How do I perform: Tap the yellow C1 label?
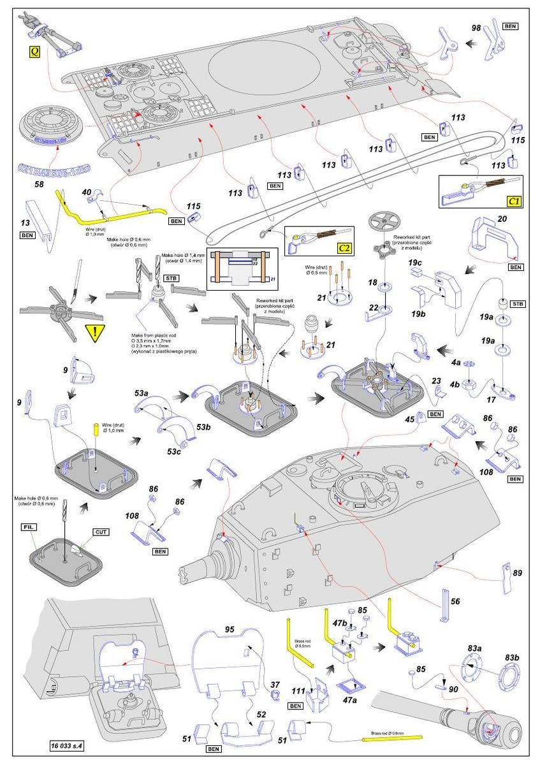tap(513, 201)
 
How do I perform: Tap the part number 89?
tap(517, 574)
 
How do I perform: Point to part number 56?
tap(455, 601)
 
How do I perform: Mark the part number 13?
tap(26, 224)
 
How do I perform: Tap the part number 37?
tap(275, 684)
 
